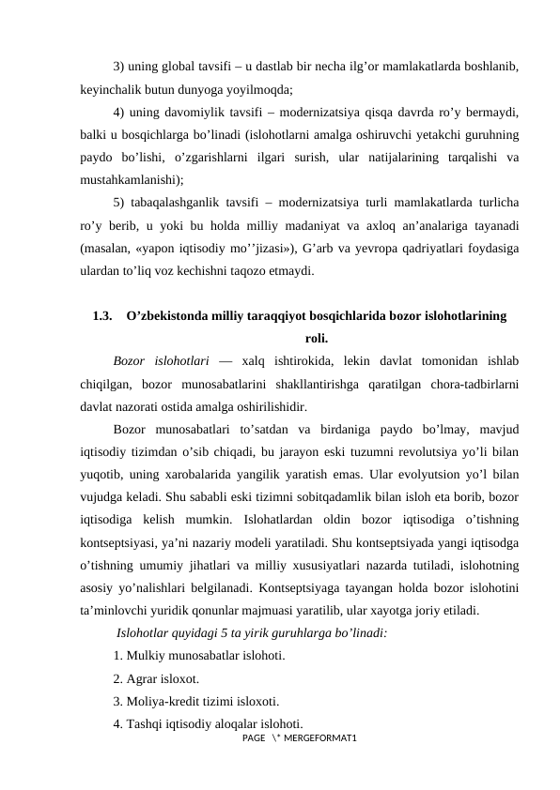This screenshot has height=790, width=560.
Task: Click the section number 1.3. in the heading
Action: tap(104, 317)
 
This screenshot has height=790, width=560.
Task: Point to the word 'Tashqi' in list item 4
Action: tap(144, 723)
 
